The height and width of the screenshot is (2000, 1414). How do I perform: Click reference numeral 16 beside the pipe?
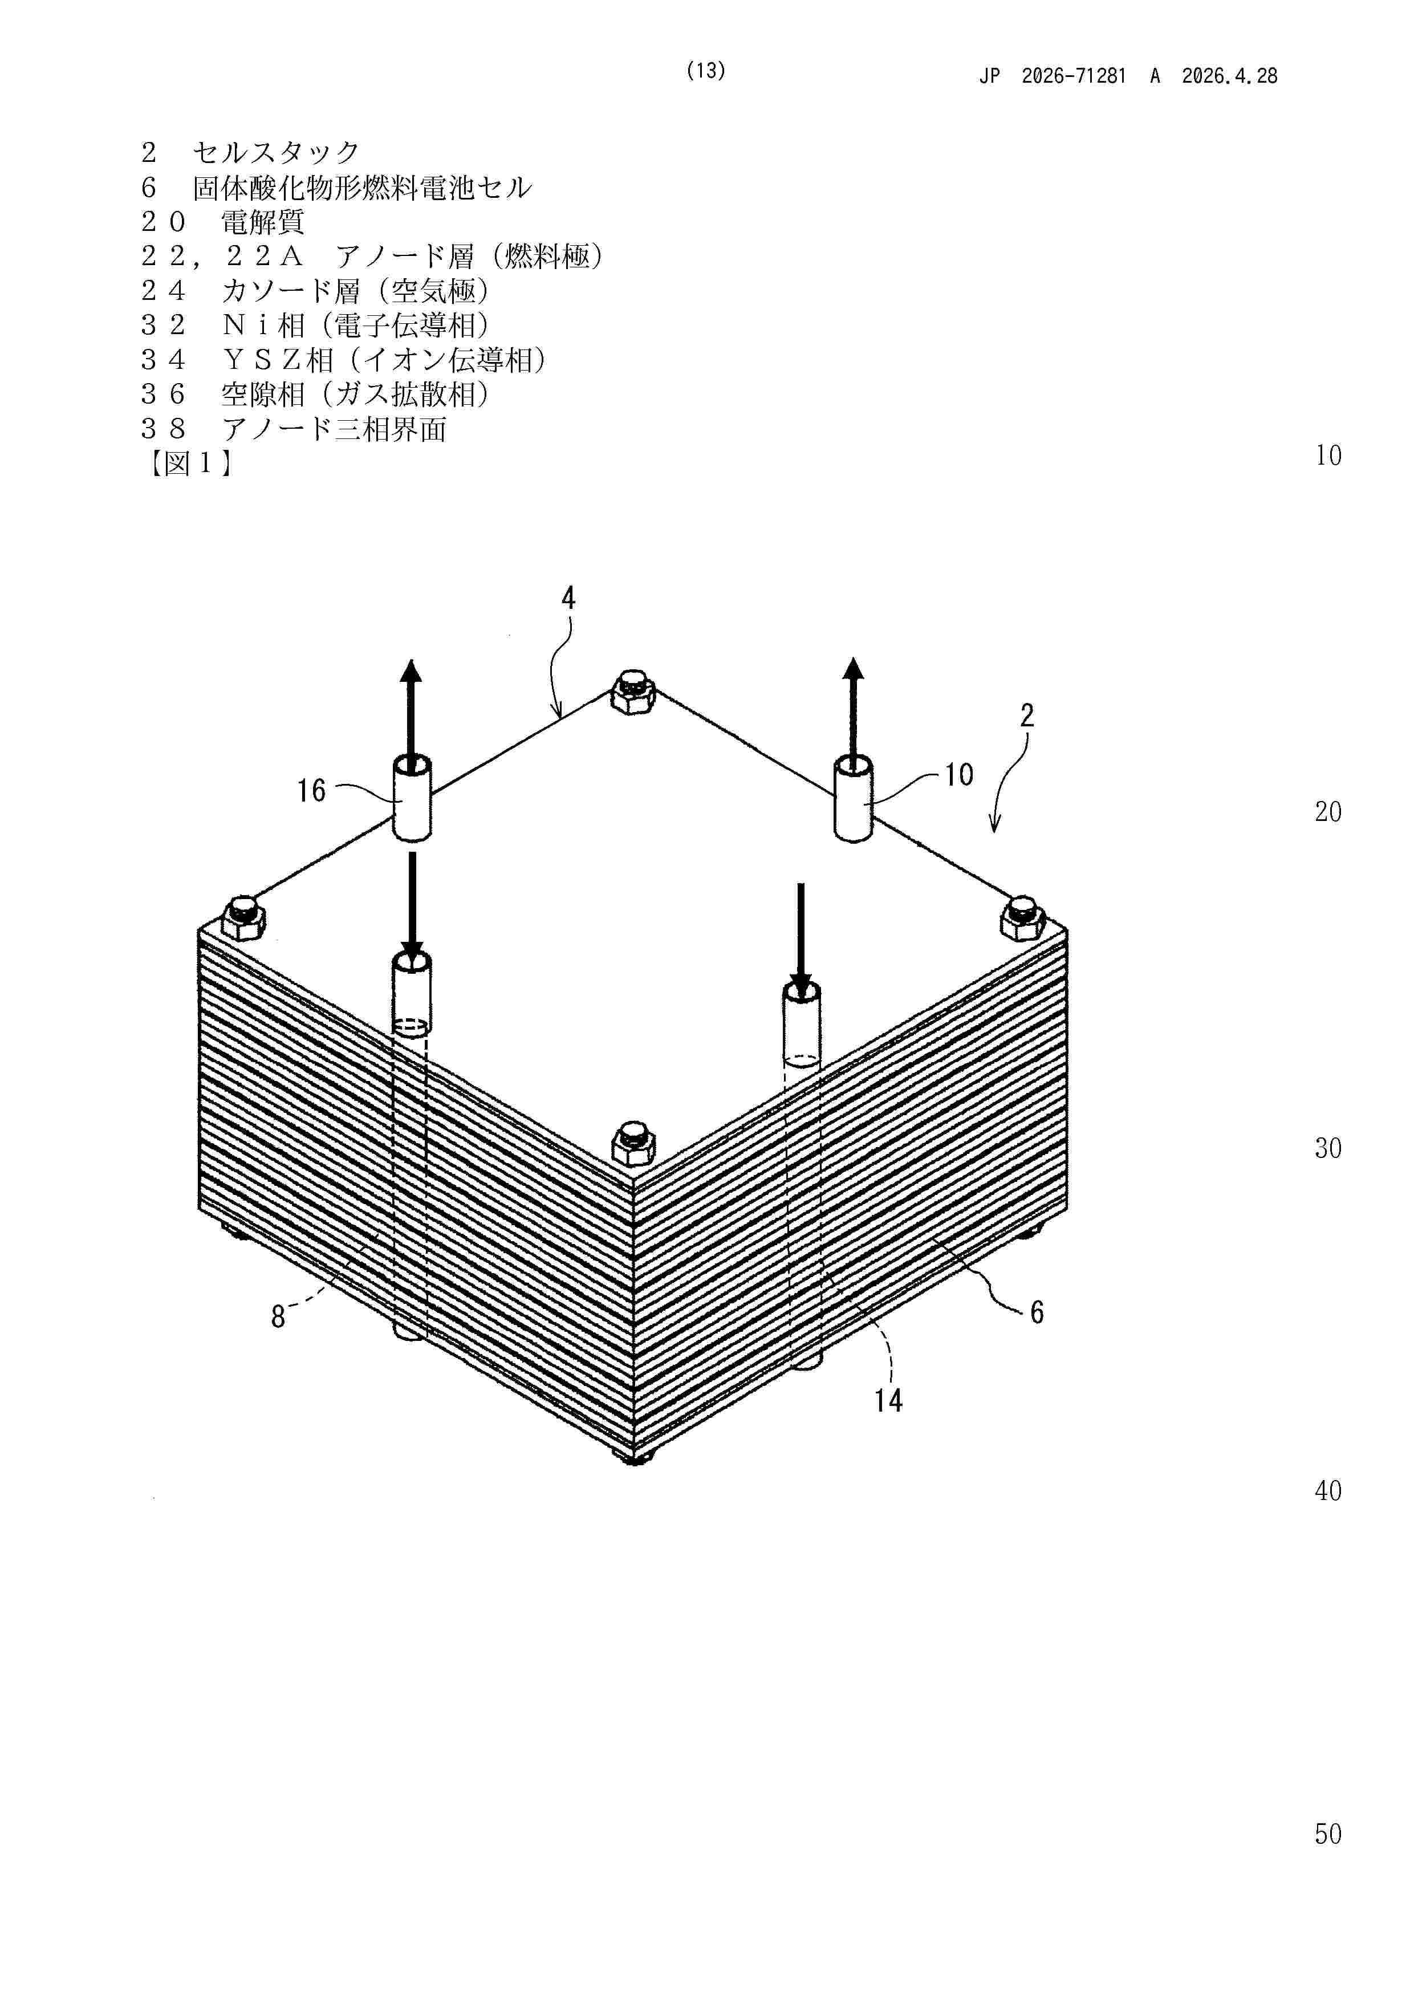[x=311, y=791]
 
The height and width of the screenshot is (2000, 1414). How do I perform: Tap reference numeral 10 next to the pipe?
[x=958, y=774]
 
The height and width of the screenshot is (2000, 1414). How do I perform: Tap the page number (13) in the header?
[x=706, y=71]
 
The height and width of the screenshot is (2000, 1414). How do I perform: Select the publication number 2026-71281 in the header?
[x=1074, y=76]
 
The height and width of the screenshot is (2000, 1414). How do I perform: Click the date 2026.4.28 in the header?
[x=1229, y=76]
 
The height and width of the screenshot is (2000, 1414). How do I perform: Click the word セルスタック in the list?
[x=276, y=152]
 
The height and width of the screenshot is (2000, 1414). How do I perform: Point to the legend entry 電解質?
[x=262, y=222]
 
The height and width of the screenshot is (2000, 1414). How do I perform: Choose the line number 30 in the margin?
[x=1328, y=1148]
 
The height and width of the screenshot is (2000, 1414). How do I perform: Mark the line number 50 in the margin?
[x=1328, y=1834]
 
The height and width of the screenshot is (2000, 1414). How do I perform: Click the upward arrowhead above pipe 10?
[x=854, y=669]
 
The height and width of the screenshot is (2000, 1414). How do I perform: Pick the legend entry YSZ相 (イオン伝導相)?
[x=384, y=360]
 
